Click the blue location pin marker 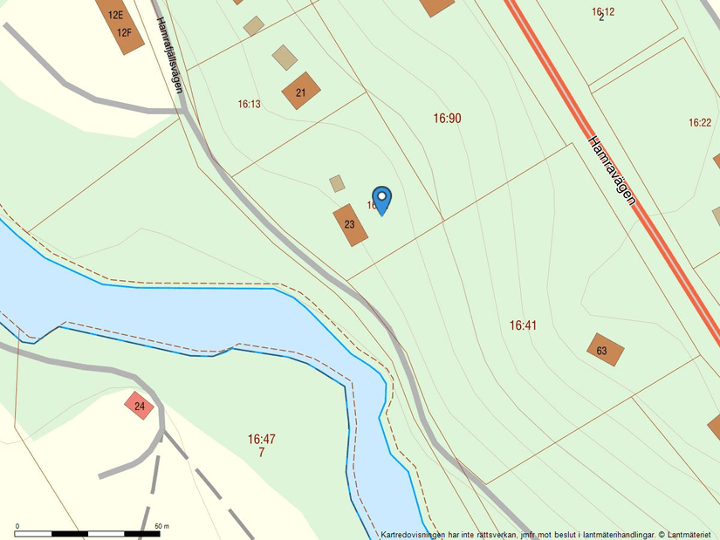(381, 200)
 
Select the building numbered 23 (350, 225)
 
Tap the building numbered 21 (301, 92)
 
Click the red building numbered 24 (139, 406)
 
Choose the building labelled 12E (114, 14)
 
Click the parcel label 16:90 (447, 118)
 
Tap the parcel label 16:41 (522, 325)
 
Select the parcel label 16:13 (250, 104)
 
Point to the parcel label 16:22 (700, 123)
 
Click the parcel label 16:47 (261, 440)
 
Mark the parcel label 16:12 (603, 11)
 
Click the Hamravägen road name (611, 170)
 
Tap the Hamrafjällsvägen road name (169, 55)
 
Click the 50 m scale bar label (161, 526)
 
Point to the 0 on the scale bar (17, 526)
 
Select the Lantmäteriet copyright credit (685, 534)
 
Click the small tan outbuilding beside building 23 (337, 183)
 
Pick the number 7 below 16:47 (261, 452)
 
